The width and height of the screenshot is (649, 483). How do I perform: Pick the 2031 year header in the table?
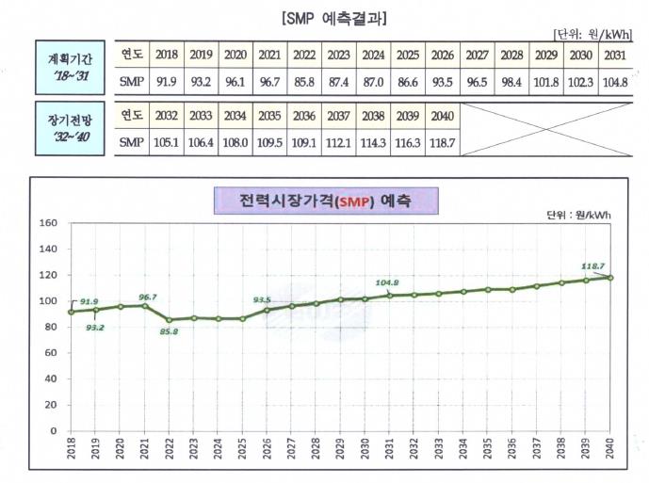(614, 55)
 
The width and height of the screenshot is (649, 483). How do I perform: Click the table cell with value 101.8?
(546, 82)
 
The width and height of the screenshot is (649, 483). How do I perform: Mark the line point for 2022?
(169, 320)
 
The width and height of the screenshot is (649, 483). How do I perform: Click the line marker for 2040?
(610, 277)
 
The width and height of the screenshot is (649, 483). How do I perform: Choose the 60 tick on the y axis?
(50, 353)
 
